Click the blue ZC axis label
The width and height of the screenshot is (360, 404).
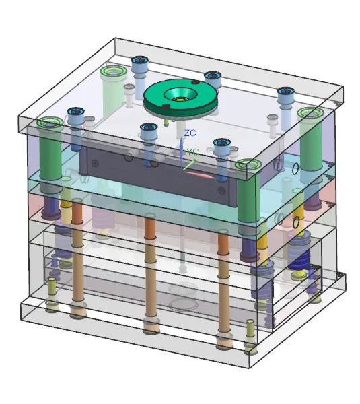(190, 133)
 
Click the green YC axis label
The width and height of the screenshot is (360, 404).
(192, 152)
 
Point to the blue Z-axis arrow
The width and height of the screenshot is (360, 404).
(182, 153)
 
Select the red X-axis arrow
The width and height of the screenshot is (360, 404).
(199, 174)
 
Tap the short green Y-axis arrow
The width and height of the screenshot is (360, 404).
(190, 164)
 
